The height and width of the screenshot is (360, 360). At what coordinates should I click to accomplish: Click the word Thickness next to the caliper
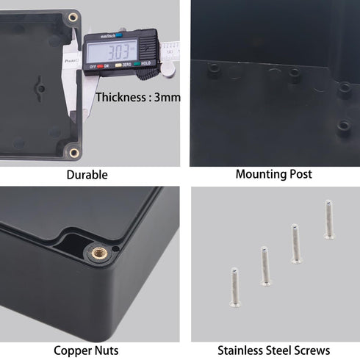(x=122, y=97)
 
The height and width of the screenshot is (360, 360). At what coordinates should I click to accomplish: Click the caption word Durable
(x=87, y=175)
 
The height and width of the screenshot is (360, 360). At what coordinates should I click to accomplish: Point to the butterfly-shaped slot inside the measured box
(x=40, y=88)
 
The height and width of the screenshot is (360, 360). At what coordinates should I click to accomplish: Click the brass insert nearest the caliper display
(x=73, y=16)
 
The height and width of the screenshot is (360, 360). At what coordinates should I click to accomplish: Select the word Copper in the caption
(x=73, y=351)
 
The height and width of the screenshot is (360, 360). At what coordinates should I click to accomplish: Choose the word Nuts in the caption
(x=107, y=351)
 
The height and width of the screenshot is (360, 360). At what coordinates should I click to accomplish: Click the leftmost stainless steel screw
(x=234, y=286)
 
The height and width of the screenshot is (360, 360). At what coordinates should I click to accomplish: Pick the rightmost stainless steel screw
(x=329, y=219)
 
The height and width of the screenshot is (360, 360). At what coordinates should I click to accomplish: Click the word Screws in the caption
(x=312, y=351)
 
